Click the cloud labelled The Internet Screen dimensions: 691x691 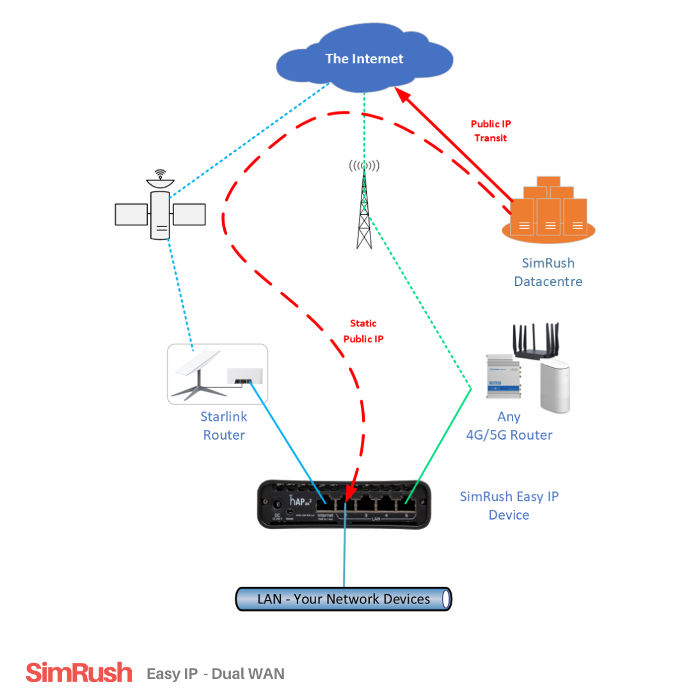pos(364,60)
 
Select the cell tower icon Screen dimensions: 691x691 pos(364,205)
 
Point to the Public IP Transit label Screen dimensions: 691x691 pos(491,131)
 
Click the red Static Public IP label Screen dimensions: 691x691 pos(363,331)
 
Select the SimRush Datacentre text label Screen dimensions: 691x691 pos(548,272)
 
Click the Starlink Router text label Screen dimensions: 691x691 pos(224,425)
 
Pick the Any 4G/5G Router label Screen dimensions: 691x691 pos(509,425)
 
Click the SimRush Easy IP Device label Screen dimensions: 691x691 pos(509,505)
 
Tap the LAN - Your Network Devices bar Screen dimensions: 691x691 pos(344,599)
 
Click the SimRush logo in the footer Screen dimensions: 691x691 pos(79,673)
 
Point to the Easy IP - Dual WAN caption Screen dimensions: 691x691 pos(216,674)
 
